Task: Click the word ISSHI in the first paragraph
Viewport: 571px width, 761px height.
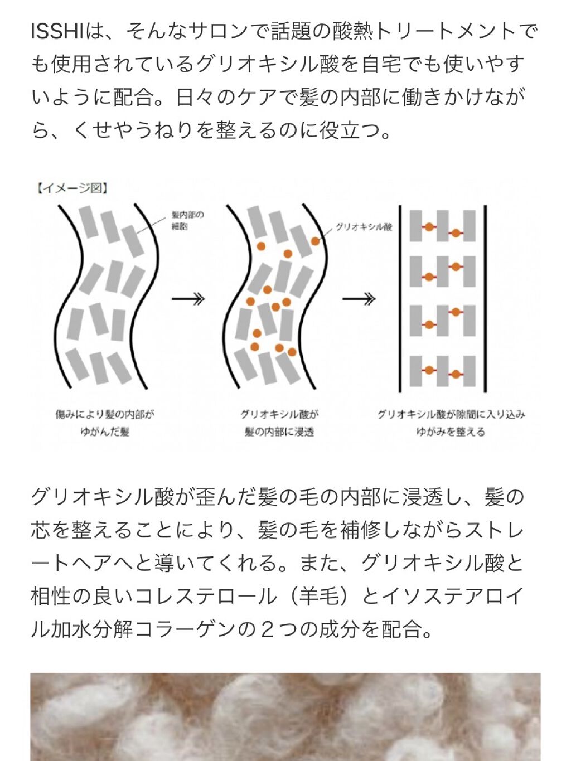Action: tap(57, 32)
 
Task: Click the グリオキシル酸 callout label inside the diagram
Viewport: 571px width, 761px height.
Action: tap(364, 227)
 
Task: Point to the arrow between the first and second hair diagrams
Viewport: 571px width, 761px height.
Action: tap(188, 299)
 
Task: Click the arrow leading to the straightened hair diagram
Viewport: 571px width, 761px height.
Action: tap(359, 299)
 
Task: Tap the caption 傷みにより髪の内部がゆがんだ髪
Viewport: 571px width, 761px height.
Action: tap(104, 423)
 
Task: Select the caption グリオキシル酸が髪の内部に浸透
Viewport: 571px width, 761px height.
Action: tap(279, 423)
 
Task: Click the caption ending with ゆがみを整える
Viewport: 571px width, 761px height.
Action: tap(451, 423)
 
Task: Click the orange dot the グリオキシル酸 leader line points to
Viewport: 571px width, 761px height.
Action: tap(316, 241)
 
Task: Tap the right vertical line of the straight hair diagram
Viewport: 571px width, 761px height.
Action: tap(485, 299)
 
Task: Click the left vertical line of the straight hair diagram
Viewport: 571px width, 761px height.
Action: tap(400, 299)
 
